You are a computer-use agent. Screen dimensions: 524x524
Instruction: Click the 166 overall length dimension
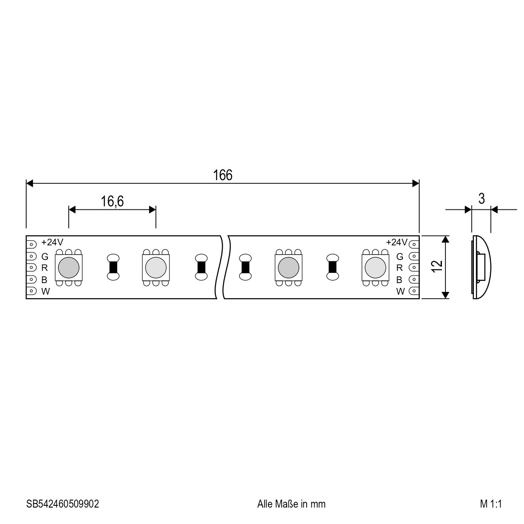tap(223, 175)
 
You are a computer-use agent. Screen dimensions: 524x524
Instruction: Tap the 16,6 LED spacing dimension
tap(112, 201)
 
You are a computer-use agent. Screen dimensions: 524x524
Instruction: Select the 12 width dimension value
tap(437, 266)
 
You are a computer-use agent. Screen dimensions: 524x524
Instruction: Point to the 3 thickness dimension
tap(481, 199)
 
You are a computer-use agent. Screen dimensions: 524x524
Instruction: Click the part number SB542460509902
tap(63, 504)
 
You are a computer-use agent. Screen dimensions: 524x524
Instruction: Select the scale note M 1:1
tap(491, 504)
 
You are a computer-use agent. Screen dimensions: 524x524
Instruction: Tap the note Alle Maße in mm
tap(291, 504)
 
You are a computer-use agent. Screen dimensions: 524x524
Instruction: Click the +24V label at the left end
tap(52, 242)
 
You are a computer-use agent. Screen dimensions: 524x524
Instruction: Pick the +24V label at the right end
tap(397, 242)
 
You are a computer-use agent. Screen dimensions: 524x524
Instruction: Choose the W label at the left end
tap(45, 292)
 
